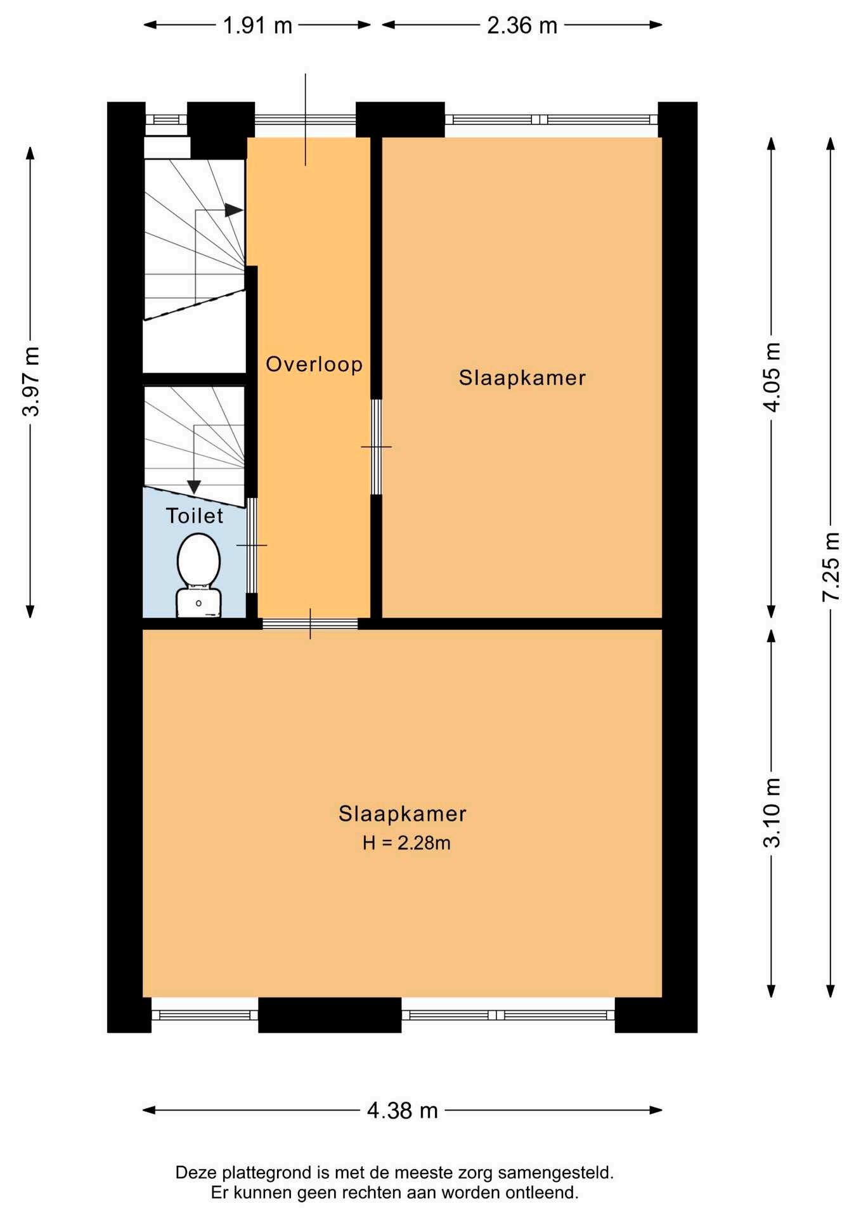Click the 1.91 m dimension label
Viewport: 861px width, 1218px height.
(x=257, y=25)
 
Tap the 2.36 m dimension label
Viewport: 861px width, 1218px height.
(x=522, y=25)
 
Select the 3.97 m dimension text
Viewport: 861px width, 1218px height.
(x=30, y=381)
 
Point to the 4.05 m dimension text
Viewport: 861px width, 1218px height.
(x=772, y=377)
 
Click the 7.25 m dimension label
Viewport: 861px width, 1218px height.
(x=831, y=567)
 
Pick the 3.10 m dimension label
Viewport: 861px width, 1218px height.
(x=772, y=813)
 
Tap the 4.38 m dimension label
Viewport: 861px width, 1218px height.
(x=403, y=1110)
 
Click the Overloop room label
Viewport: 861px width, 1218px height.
(x=314, y=364)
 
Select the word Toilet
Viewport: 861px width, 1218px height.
(x=195, y=516)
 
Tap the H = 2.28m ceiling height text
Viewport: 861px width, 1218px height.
(x=406, y=842)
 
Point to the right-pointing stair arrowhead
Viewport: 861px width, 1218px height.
(x=234, y=210)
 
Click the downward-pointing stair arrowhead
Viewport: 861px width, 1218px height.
(x=194, y=487)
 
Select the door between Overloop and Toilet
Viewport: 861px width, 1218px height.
(x=252, y=546)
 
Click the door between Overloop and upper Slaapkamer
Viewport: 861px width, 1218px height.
(x=376, y=447)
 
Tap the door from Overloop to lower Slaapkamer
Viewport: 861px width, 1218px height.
(x=310, y=624)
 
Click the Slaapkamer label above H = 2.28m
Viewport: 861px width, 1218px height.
(x=403, y=813)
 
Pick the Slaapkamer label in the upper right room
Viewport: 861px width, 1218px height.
(x=522, y=378)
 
